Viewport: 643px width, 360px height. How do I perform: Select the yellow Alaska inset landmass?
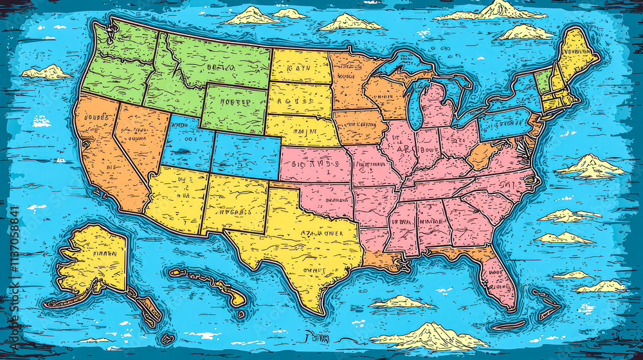96,257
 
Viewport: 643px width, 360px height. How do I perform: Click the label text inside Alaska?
104,253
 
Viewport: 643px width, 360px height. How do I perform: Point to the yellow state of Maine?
574,55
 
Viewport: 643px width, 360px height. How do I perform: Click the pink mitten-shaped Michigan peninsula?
437,106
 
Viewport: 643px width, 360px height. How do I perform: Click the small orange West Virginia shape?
484,154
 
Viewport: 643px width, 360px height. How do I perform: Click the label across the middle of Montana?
218,66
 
